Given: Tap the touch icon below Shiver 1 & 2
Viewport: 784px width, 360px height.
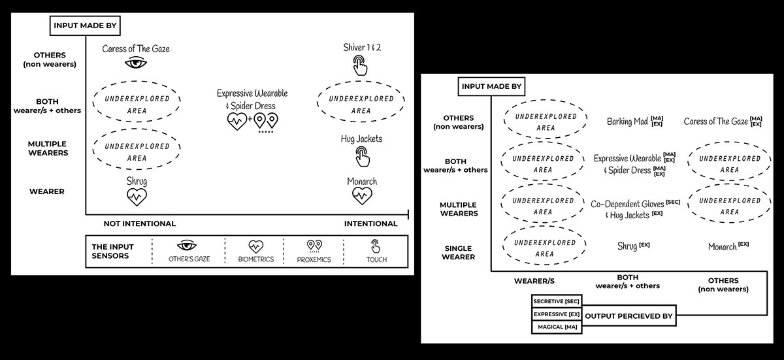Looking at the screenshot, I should point(359,65).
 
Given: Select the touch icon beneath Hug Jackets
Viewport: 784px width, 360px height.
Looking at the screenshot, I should point(361,155).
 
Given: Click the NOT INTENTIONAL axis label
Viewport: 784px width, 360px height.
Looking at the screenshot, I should point(139,223).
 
